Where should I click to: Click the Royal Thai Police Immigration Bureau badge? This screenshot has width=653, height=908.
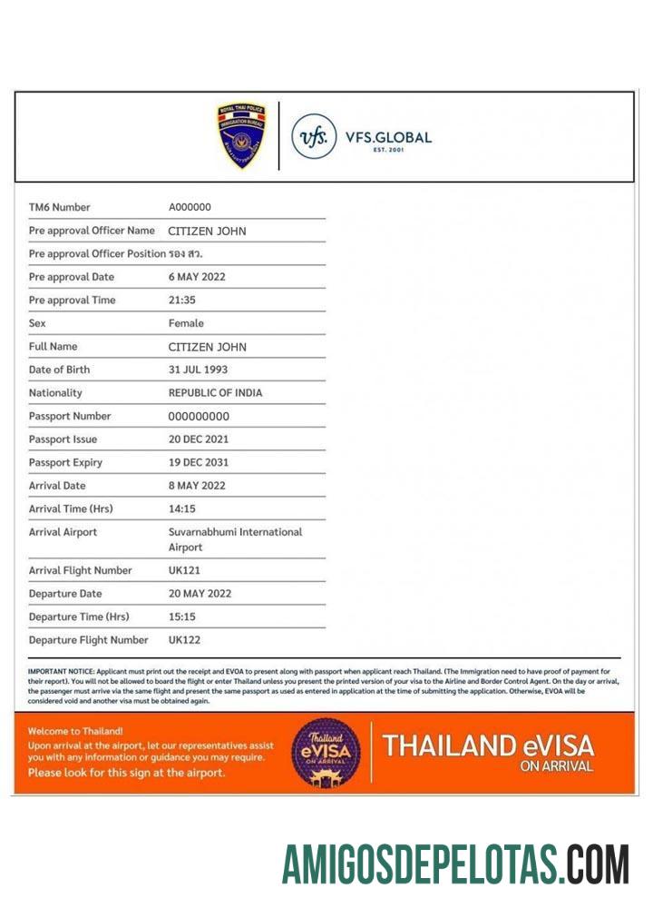(240, 136)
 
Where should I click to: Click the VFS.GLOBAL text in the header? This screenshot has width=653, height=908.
(388, 138)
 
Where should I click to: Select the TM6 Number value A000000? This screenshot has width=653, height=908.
(190, 207)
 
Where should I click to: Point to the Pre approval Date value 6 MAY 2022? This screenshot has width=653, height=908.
(197, 277)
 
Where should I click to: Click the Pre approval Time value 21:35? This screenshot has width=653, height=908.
(181, 300)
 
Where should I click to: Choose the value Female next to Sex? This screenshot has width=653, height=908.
(186, 323)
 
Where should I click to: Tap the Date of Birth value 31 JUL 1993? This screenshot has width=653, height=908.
(198, 370)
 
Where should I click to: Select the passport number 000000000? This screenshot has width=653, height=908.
(199, 416)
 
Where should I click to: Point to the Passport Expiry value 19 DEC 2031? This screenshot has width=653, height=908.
(199, 462)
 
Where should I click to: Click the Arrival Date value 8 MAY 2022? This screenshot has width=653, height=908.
(197, 486)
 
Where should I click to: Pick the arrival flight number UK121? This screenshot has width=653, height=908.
(184, 570)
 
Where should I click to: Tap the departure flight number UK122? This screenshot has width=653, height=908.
(184, 640)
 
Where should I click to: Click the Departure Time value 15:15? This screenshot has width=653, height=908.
(181, 617)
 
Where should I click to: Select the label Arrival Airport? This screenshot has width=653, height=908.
(63, 532)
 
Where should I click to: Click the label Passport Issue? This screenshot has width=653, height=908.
(64, 439)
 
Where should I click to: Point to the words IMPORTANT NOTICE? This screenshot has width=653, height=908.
(58, 671)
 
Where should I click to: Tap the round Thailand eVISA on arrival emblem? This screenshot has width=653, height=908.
(326, 753)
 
